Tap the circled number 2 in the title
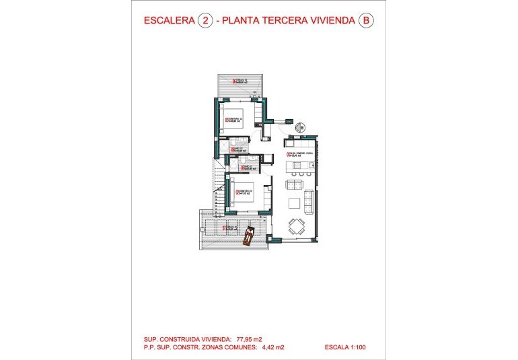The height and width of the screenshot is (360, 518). coord(205,21)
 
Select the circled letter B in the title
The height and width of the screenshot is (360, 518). coord(365,21)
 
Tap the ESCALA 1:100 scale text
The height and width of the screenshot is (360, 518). coord(345,348)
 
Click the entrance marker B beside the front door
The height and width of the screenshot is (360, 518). coord(302,126)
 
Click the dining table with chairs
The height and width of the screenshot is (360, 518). coord(296,225)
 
